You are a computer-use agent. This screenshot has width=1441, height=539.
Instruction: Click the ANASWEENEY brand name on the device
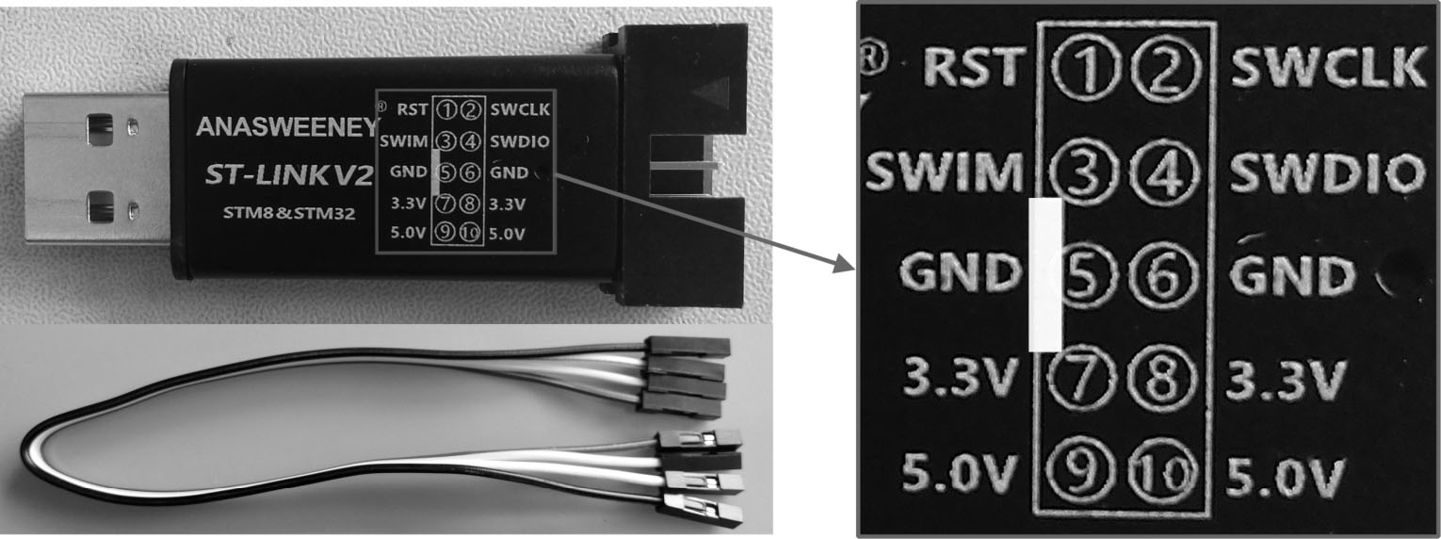pos(287,127)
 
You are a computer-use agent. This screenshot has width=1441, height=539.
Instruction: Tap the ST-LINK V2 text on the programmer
pos(289,175)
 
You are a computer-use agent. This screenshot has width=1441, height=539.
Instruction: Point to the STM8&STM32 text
pos(289,213)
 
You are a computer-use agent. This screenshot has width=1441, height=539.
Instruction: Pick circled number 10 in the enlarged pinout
pos(1163,473)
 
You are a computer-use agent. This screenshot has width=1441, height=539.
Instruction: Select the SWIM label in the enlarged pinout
pos(945,172)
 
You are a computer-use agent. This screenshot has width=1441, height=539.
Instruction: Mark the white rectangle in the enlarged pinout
pos(1046,274)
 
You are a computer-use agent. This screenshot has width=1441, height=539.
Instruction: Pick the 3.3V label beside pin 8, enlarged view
pos(1286,379)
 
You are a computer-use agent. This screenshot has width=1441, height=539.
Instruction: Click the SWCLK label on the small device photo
pos(520,109)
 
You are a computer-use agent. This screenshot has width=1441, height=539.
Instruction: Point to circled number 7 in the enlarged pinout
pos(1085,379)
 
